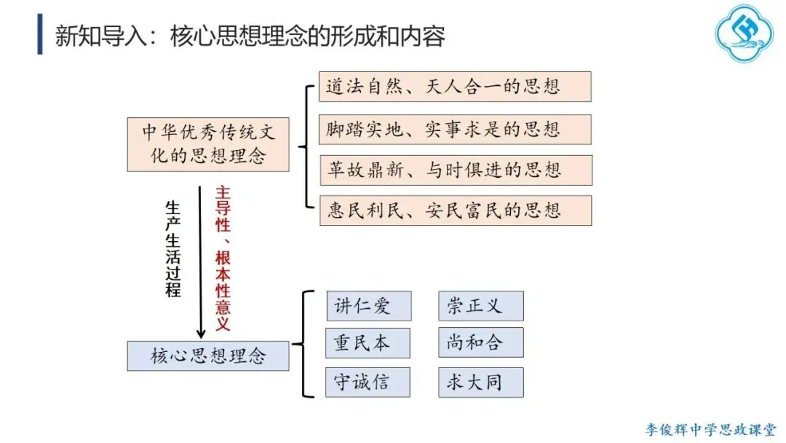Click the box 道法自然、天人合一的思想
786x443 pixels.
(455, 87)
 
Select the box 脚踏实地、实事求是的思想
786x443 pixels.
(455, 129)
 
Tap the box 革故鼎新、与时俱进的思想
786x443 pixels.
(455, 170)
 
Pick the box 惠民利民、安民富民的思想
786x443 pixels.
(455, 211)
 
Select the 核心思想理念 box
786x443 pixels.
(208, 356)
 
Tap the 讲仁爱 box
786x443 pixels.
(368, 306)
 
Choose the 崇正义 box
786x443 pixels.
(480, 306)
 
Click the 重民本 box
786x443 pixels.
(368, 343)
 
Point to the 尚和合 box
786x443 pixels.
(480, 343)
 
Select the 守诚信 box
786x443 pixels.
(368, 382)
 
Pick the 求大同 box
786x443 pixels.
(480, 382)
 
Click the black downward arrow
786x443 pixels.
(201, 262)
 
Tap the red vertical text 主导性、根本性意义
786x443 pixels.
(223, 259)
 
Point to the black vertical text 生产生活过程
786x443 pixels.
(172, 248)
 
